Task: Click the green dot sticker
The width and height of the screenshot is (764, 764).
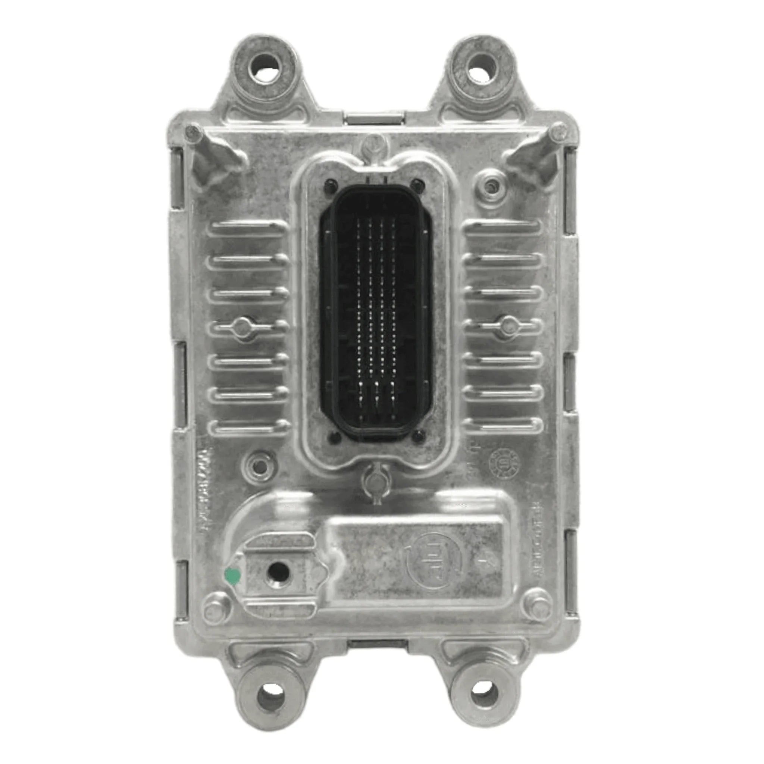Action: coord(232,576)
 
